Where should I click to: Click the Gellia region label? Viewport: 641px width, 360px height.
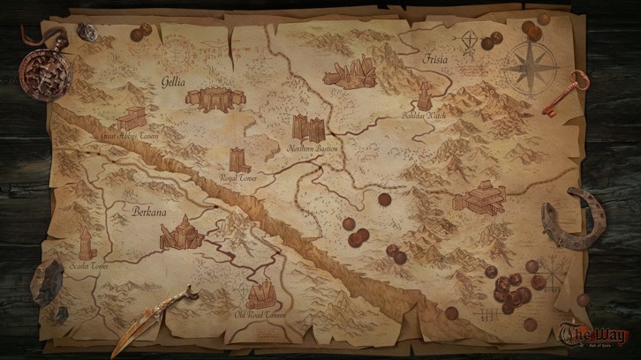(171, 81)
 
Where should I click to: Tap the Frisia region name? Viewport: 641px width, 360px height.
(435, 60)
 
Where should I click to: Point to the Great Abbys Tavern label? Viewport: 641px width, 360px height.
(130, 137)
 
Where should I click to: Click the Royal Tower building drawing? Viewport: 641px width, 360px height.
(239, 160)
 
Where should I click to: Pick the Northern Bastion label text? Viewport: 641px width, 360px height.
(313, 149)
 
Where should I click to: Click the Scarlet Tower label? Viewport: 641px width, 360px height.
(88, 265)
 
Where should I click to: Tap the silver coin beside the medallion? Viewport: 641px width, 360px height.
(87, 32)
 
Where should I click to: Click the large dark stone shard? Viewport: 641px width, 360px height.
(47, 282)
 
